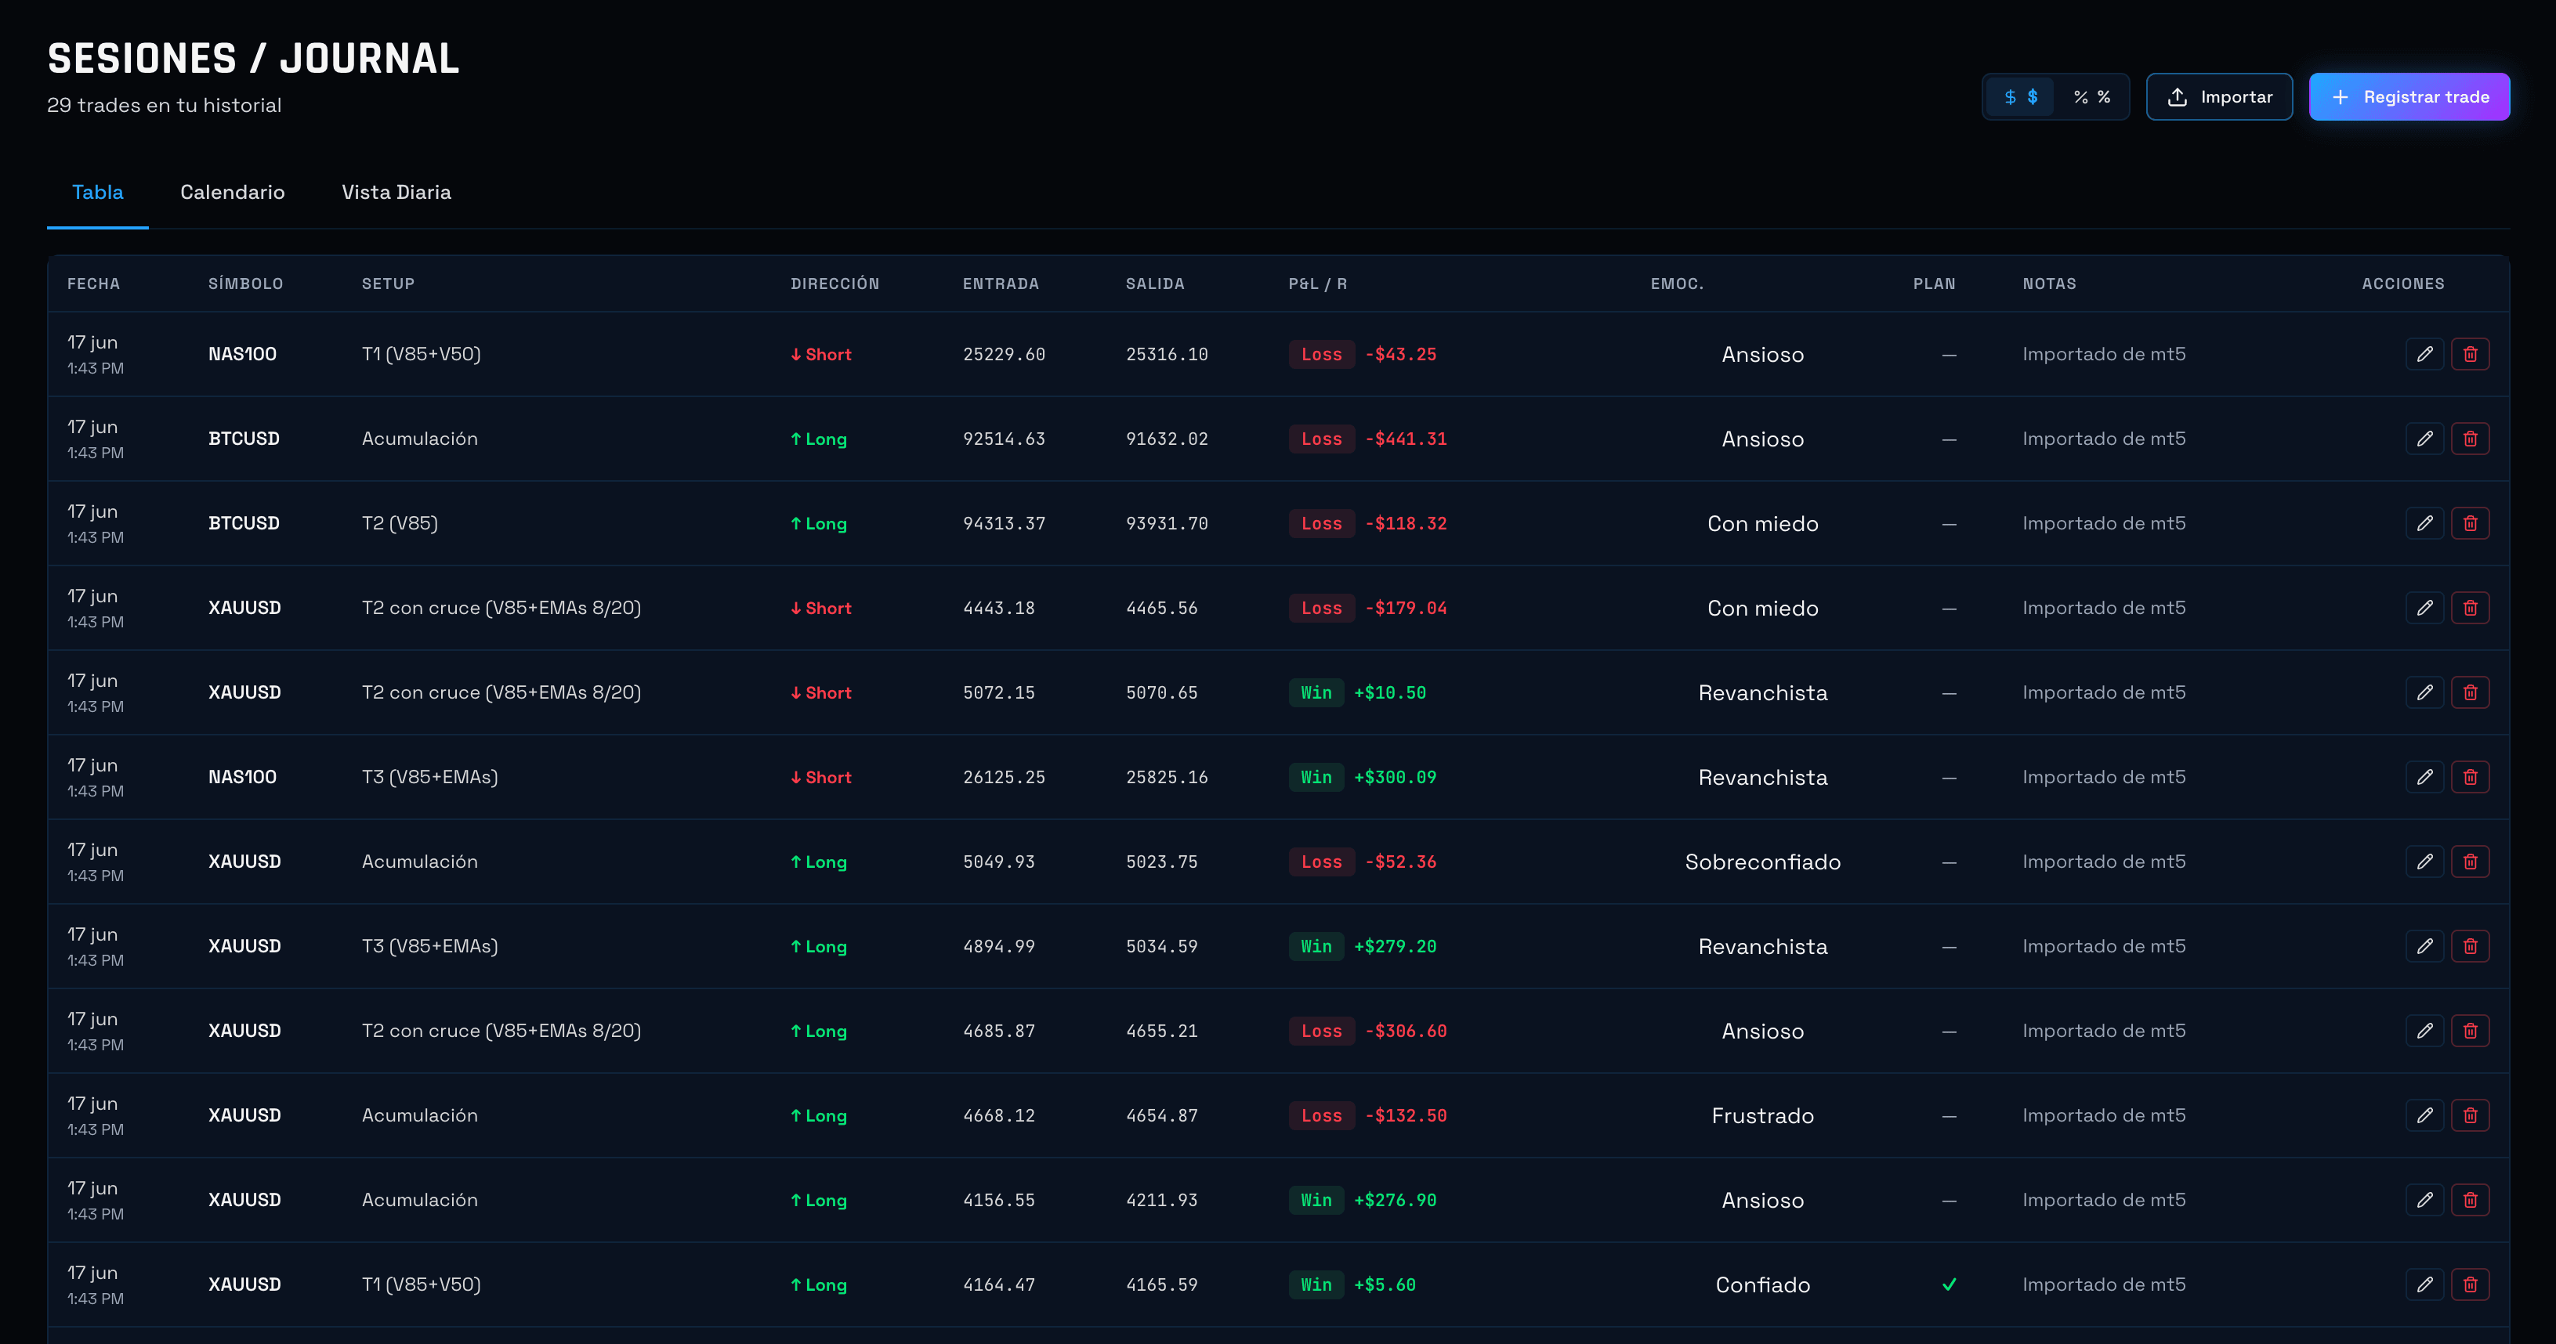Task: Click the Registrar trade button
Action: tap(2409, 96)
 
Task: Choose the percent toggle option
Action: tap(2091, 96)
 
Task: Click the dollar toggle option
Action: tap(2020, 96)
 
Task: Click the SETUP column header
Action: tap(388, 284)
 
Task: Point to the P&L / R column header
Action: tap(1318, 284)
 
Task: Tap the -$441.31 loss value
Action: tap(1406, 439)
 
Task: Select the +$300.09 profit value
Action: tap(1395, 778)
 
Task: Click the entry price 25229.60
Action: tap(1005, 354)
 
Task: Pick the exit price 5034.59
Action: tap(1162, 946)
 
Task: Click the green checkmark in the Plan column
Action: tap(1949, 1284)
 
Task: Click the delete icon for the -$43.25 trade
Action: tap(2470, 354)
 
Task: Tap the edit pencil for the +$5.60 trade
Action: tap(2424, 1284)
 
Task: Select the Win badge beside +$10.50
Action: tap(1316, 692)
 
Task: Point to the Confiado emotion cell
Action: tap(1762, 1284)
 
